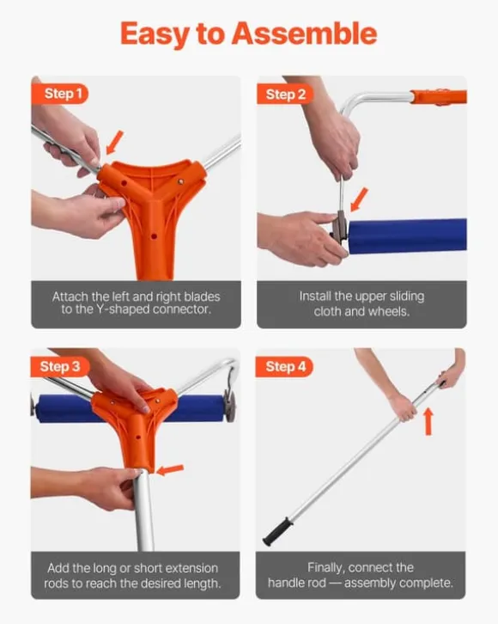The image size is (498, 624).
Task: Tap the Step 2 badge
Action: [x=285, y=94]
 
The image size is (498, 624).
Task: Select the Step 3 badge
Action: [x=59, y=366]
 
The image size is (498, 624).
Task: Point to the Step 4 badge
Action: [x=285, y=366]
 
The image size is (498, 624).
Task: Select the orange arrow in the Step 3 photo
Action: [x=170, y=470]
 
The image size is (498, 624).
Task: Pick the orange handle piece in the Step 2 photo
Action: [x=438, y=97]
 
